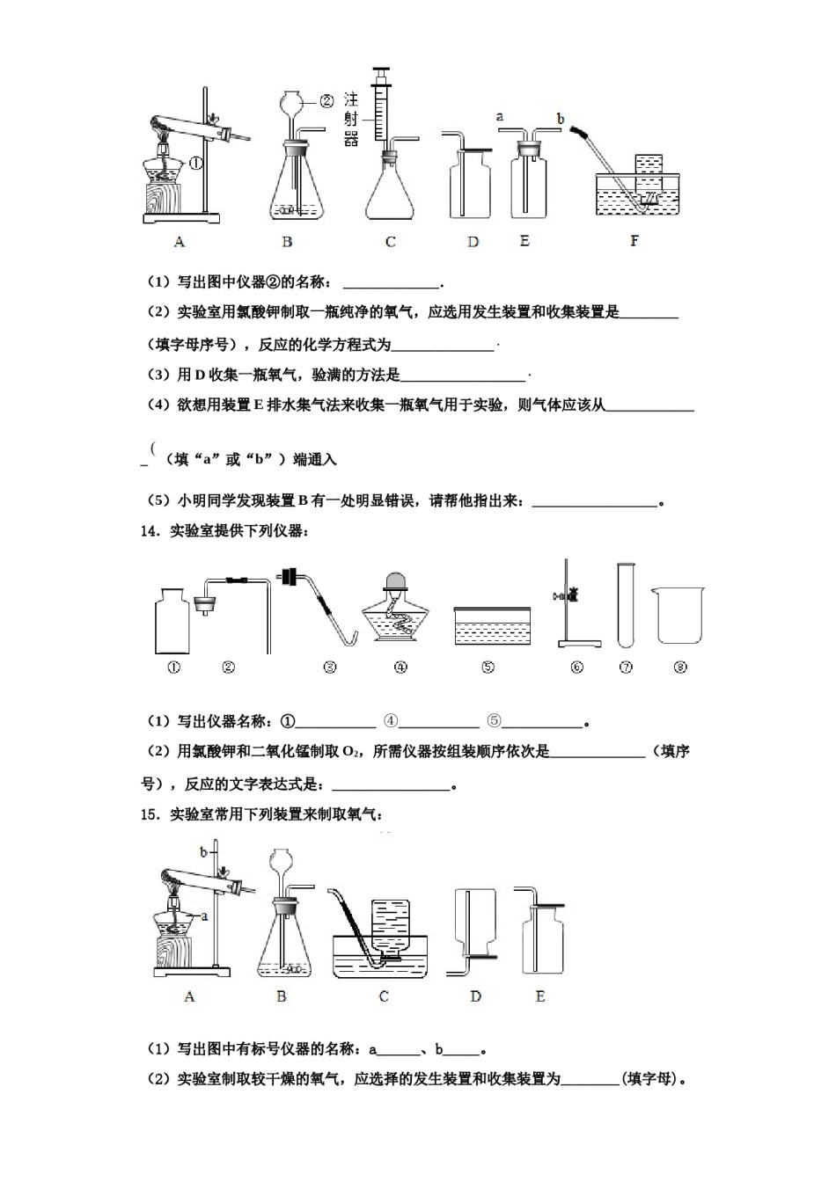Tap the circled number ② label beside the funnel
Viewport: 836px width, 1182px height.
click(326, 100)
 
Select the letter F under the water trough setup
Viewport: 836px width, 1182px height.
click(634, 240)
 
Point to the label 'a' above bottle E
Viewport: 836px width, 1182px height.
click(500, 116)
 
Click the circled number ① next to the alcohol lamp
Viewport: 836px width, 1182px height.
click(195, 163)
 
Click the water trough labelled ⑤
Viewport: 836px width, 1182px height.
click(492, 628)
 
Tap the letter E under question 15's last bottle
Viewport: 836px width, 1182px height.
click(540, 996)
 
